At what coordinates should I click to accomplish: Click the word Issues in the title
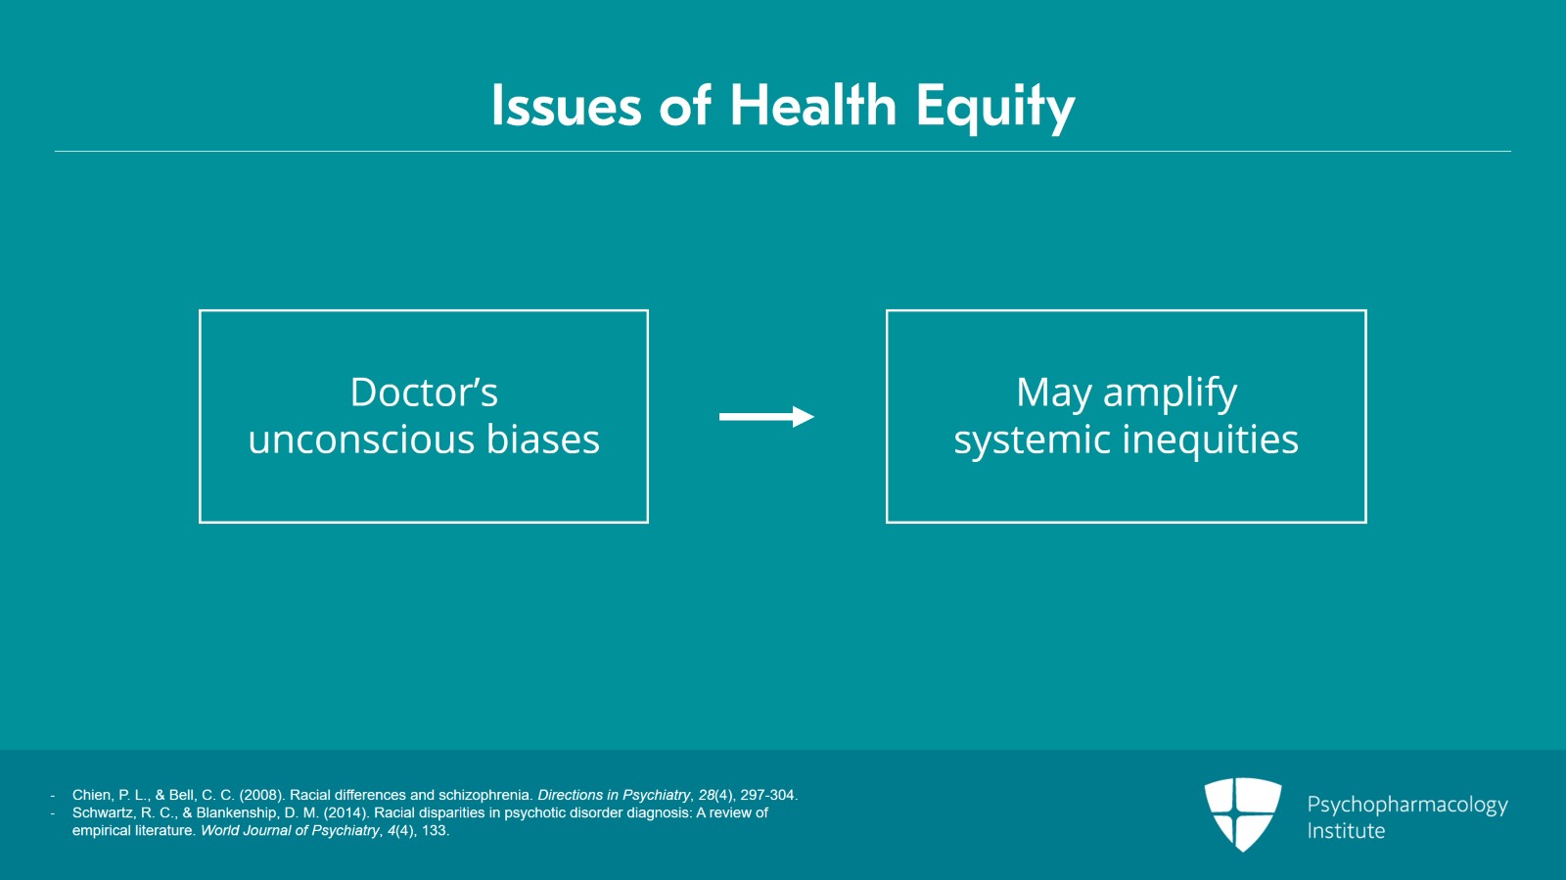coord(567,106)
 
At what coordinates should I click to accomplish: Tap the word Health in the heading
coord(813,106)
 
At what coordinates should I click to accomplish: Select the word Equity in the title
coord(995,109)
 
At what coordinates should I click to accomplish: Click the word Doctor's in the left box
coord(424,393)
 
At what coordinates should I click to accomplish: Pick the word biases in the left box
coord(542,439)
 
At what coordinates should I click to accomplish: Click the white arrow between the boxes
coord(766,417)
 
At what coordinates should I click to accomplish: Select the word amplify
coord(1171,394)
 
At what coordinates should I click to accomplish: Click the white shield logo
coord(1243,814)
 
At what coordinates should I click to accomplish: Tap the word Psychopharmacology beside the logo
coord(1407,806)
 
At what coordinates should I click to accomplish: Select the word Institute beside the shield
coord(1346,831)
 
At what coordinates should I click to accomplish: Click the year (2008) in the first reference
coord(262,796)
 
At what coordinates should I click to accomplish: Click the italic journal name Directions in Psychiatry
coord(613,796)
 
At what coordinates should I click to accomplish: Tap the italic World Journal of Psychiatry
coord(290,831)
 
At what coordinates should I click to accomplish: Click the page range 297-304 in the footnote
coord(769,796)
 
